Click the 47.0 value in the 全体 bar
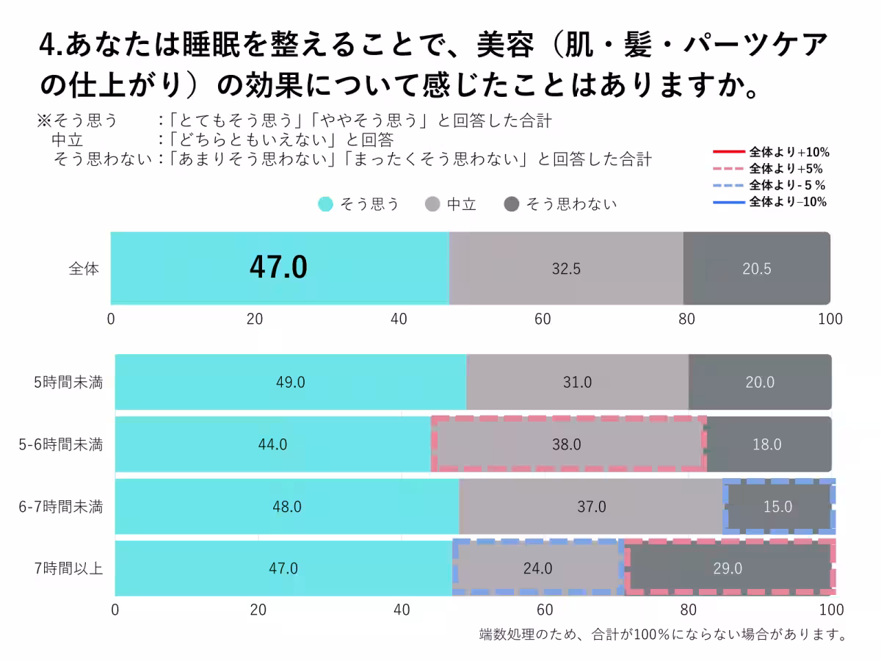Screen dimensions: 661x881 [278, 268]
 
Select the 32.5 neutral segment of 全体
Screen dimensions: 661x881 [566, 269]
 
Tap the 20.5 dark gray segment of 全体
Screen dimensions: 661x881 [756, 269]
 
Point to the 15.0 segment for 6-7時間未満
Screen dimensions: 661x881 [777, 507]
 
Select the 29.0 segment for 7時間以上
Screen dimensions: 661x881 [728, 568]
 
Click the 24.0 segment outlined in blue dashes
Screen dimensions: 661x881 [537, 568]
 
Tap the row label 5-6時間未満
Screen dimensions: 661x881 [61, 444]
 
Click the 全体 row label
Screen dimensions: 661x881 [84, 269]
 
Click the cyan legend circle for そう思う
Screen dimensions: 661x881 [325, 204]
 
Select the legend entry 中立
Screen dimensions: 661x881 [452, 204]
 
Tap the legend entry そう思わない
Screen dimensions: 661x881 [562, 204]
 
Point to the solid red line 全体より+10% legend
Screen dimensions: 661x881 [728, 153]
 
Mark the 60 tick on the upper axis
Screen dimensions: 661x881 [543, 319]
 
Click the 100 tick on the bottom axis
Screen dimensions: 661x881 [831, 610]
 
